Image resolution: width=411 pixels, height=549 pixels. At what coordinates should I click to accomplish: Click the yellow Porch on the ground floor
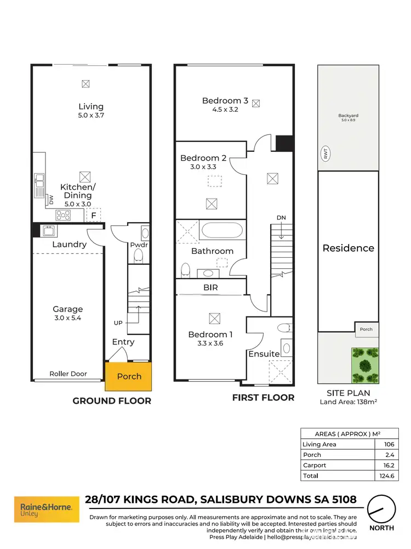point(129,376)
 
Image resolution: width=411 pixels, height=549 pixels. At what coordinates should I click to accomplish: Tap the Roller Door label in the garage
point(68,373)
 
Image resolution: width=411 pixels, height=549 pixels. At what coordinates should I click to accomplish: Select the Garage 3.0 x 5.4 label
point(67,313)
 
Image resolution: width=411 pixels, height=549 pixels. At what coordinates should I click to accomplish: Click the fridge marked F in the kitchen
point(94,216)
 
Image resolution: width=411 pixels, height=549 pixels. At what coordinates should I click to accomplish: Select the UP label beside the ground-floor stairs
point(118,323)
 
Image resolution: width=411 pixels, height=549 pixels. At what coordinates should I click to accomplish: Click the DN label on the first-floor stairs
point(281,218)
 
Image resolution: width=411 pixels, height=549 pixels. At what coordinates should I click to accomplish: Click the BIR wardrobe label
point(212,287)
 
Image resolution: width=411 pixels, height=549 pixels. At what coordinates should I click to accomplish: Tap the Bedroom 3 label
point(225,100)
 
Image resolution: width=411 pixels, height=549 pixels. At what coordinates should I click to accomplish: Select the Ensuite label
point(264,354)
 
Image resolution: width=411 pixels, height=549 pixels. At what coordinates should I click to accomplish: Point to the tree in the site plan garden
point(364,366)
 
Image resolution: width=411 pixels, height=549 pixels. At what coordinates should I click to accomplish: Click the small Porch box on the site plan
point(366,329)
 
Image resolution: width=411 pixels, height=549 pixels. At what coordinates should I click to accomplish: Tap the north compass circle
point(381,510)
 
